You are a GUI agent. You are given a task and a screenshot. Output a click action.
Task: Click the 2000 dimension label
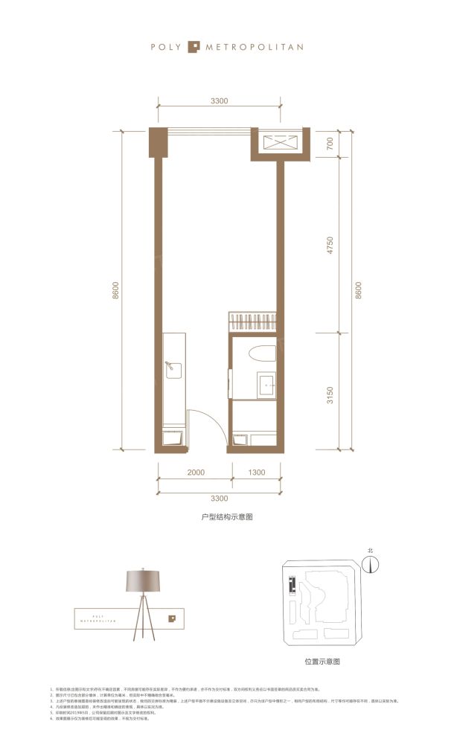[x=195, y=472]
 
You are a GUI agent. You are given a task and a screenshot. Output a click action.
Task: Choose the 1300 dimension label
[x=255, y=472]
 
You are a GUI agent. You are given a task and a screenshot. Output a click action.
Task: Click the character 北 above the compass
[x=369, y=551]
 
